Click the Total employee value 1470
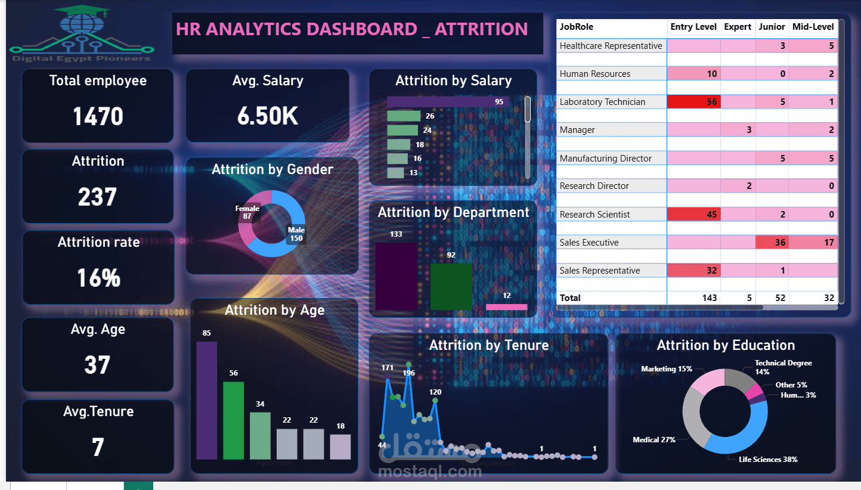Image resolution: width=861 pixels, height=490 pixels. (x=98, y=117)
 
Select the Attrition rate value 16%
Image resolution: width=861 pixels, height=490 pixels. (x=98, y=278)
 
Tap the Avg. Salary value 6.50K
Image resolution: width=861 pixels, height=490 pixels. (x=267, y=117)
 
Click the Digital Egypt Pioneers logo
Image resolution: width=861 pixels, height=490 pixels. (x=82, y=33)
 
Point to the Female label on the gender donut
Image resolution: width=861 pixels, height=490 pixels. (x=247, y=209)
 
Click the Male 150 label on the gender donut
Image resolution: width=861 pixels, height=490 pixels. (x=296, y=234)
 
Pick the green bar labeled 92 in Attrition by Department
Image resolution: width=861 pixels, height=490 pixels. (x=451, y=287)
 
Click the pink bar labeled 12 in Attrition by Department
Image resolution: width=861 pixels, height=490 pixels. (x=506, y=307)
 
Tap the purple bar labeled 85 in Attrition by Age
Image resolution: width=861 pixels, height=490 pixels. (x=207, y=400)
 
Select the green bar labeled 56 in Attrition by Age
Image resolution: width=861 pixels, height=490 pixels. (x=233, y=420)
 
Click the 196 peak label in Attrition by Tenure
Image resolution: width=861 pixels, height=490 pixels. (x=408, y=373)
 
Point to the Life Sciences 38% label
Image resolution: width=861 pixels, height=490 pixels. (x=768, y=459)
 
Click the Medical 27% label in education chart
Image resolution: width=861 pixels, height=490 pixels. (x=654, y=440)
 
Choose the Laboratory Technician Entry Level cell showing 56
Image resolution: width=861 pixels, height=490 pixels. (x=693, y=102)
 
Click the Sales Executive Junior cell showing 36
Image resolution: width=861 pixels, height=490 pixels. (x=772, y=243)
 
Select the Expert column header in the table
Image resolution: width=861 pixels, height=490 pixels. (x=738, y=27)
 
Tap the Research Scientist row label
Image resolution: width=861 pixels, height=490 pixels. (x=594, y=215)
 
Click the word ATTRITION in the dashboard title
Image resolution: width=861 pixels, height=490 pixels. (x=481, y=29)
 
